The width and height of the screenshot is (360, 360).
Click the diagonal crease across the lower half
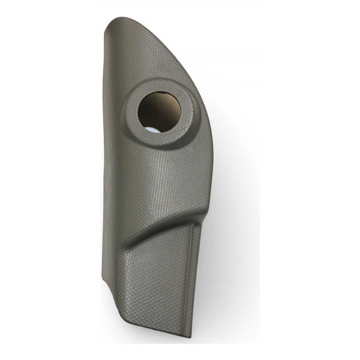162,222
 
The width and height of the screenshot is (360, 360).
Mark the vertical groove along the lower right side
193,270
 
